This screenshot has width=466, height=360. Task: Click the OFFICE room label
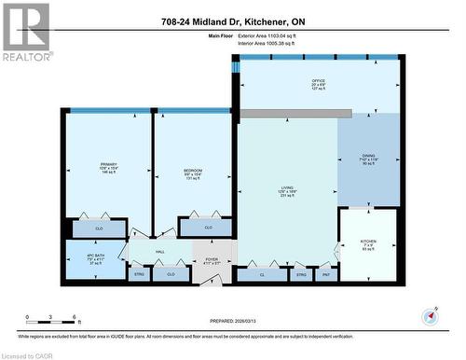pos(319,81)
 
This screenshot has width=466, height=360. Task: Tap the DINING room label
pos(369,158)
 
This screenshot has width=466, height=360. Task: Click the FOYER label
pos(211,260)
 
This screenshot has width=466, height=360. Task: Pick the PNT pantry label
pos(326,274)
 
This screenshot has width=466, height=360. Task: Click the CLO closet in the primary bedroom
pos(100,227)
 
